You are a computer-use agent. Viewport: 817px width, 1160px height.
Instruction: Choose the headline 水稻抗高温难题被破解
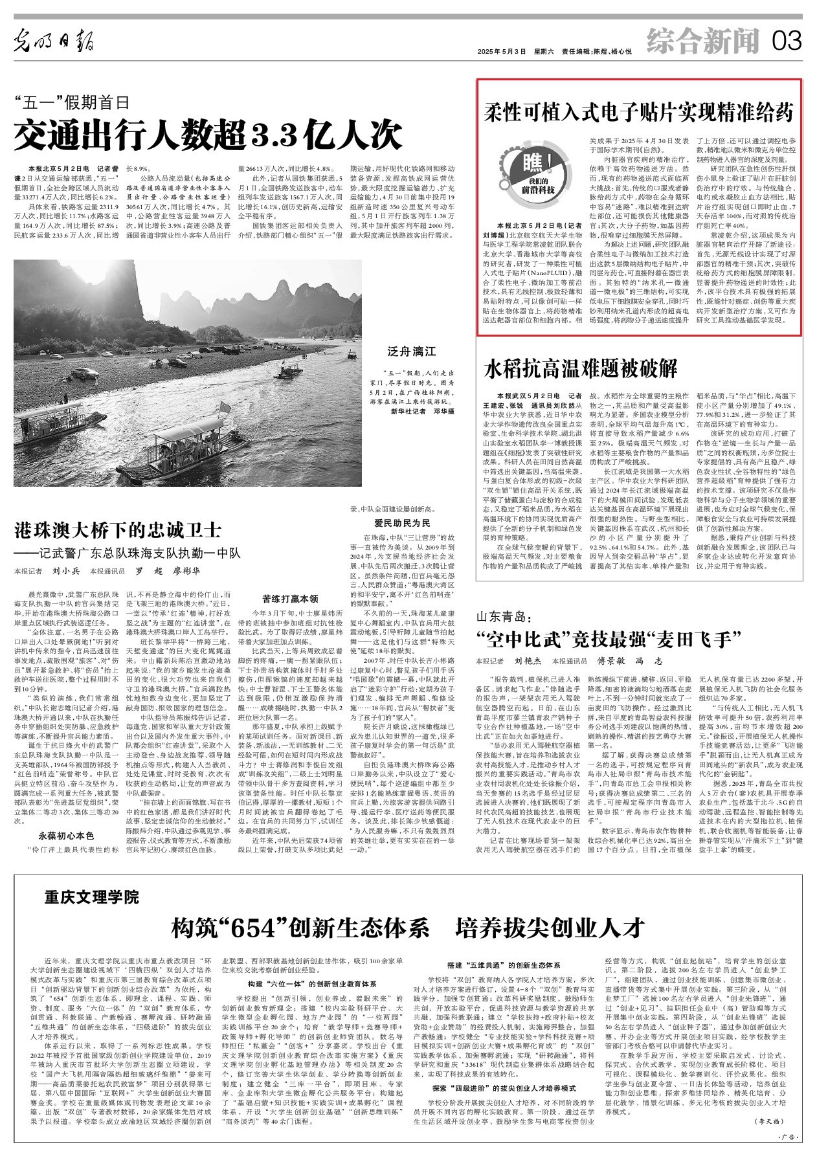(x=581, y=369)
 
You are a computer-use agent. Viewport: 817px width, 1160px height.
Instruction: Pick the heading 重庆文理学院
(x=92, y=897)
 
